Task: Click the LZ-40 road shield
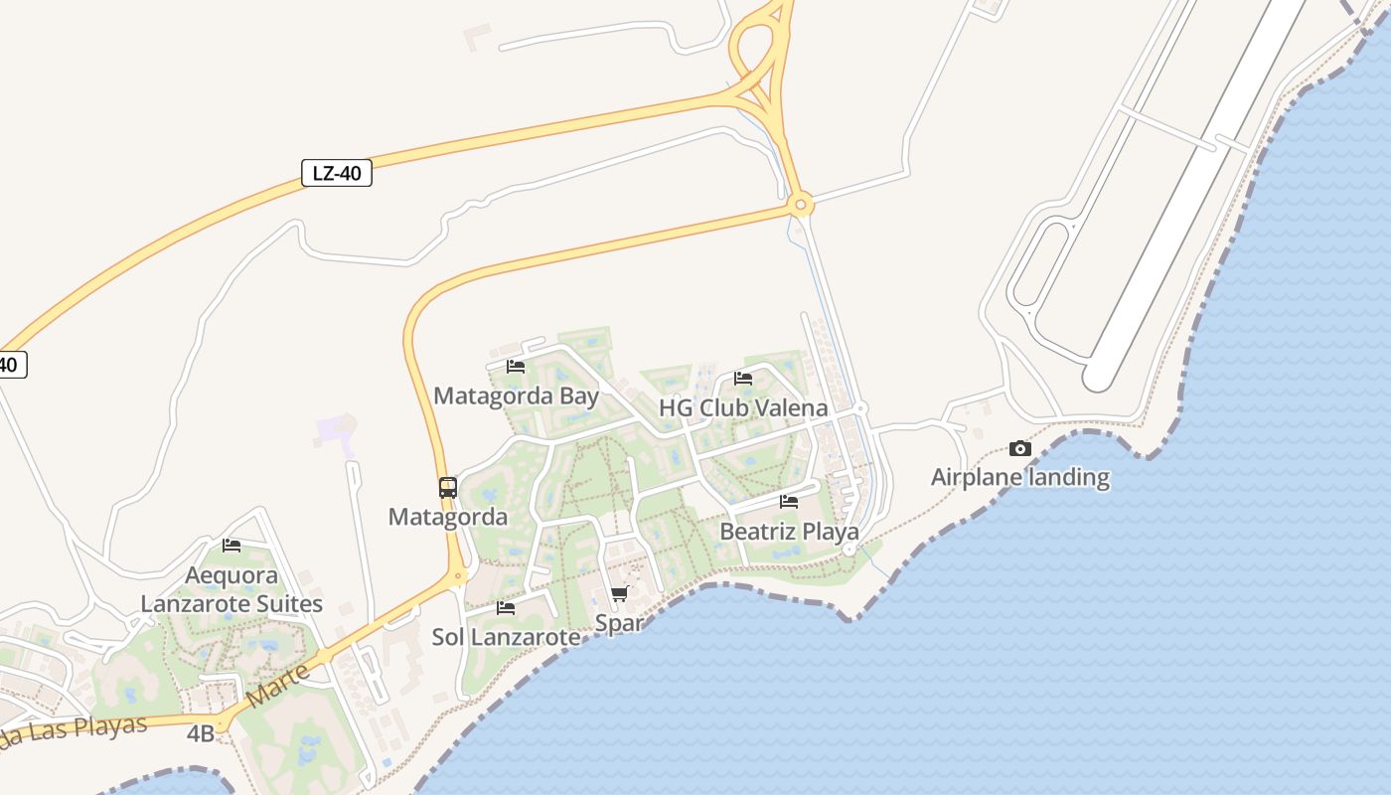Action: coord(337,173)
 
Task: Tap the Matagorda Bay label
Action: coord(516,397)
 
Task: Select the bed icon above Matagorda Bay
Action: coord(516,366)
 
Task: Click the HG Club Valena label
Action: coord(743,408)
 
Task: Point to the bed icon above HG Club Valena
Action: coord(743,378)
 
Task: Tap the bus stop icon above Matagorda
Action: coord(448,487)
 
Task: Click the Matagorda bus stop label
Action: coord(448,517)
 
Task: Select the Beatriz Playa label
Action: coord(789,532)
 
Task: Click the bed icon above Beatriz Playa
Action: coord(789,501)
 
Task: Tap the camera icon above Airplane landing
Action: coord(1019,449)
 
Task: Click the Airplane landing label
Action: coord(1019,478)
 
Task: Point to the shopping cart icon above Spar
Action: coord(620,594)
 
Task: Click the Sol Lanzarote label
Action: coord(506,637)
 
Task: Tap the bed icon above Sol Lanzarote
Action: coord(506,607)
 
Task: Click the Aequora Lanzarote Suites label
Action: coord(232,589)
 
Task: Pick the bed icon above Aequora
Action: coord(232,545)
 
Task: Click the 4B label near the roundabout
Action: coord(201,734)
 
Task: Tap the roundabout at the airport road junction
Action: coord(800,206)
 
